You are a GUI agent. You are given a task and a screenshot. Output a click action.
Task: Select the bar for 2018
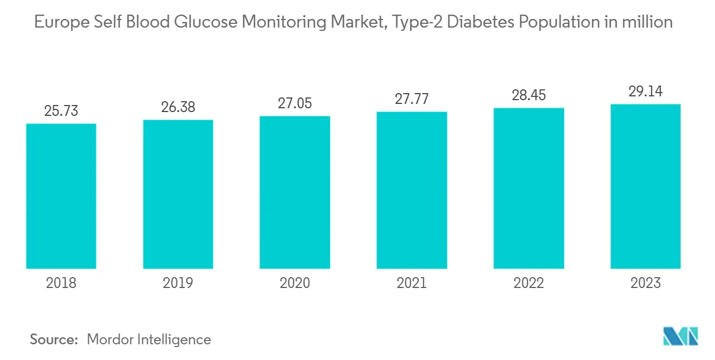click(61, 196)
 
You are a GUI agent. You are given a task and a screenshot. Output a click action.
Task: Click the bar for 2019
click(178, 194)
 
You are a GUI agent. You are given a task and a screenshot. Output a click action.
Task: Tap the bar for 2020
click(295, 192)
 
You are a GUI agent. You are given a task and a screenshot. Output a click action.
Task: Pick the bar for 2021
click(412, 190)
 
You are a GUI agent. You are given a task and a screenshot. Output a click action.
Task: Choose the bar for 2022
click(529, 188)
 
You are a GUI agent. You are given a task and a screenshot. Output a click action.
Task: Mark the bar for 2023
click(645, 186)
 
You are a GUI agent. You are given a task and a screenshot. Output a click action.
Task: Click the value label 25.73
click(61, 112)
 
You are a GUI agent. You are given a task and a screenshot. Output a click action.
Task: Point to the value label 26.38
click(178, 107)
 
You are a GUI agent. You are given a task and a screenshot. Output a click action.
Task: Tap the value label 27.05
click(295, 103)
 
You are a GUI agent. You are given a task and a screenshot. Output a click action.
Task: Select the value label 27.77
click(412, 100)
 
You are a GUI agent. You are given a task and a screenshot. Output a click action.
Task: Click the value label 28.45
click(529, 95)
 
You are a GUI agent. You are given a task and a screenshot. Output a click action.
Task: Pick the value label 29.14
click(645, 91)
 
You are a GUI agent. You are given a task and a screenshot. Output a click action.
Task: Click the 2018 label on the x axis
click(61, 283)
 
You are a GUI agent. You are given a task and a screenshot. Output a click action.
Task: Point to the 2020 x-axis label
click(295, 283)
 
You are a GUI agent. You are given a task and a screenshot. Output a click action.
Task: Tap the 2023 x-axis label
click(645, 283)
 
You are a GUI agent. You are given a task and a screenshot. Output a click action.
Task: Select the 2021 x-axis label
click(412, 283)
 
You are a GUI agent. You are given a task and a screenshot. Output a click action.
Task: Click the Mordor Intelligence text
click(149, 339)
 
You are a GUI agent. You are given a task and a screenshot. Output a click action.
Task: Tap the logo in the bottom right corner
click(681, 336)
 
